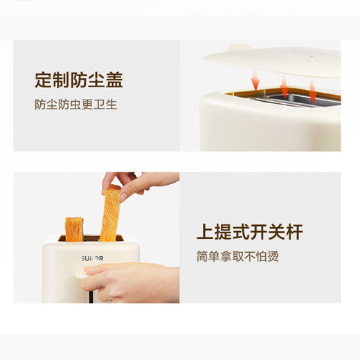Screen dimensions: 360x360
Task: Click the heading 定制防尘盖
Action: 79,80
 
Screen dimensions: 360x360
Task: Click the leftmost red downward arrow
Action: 255,82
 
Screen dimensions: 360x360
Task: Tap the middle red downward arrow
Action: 284,86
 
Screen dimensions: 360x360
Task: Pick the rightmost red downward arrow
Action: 312,89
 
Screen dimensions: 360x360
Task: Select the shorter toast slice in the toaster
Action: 74,226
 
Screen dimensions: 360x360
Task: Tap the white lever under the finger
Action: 87,282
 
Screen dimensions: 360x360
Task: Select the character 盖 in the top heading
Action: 115,80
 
